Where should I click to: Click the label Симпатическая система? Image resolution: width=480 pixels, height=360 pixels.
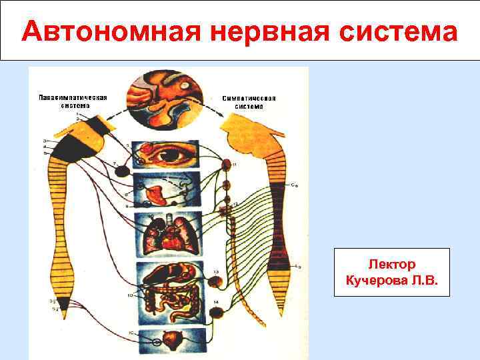click(x=249, y=102)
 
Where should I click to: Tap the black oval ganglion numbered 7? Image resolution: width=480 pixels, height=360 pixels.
click(x=121, y=171)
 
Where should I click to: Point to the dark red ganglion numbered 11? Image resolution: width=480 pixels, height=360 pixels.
click(x=227, y=164)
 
